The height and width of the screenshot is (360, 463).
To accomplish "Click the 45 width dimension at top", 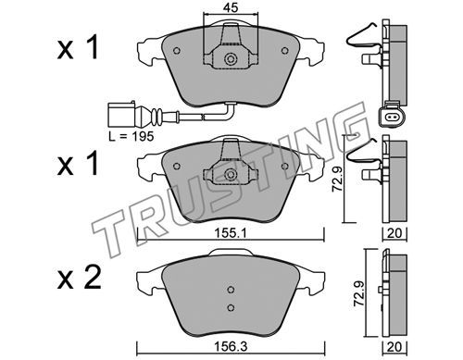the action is tap(231, 7).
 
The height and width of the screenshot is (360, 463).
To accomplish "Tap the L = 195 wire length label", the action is tap(131, 136).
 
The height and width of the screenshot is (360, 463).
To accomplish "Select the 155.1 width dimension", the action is tap(231, 234).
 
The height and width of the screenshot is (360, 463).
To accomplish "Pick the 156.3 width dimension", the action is tap(231, 347).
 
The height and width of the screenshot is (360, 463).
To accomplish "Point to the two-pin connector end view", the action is tap(392, 115).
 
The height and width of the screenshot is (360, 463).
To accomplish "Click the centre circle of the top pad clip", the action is tap(230, 59).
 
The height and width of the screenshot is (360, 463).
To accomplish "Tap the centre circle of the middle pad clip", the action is tap(230, 175).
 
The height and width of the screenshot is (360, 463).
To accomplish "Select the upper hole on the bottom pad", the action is tap(231, 290).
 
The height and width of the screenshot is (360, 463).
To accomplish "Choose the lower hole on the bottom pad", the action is tap(231, 307).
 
